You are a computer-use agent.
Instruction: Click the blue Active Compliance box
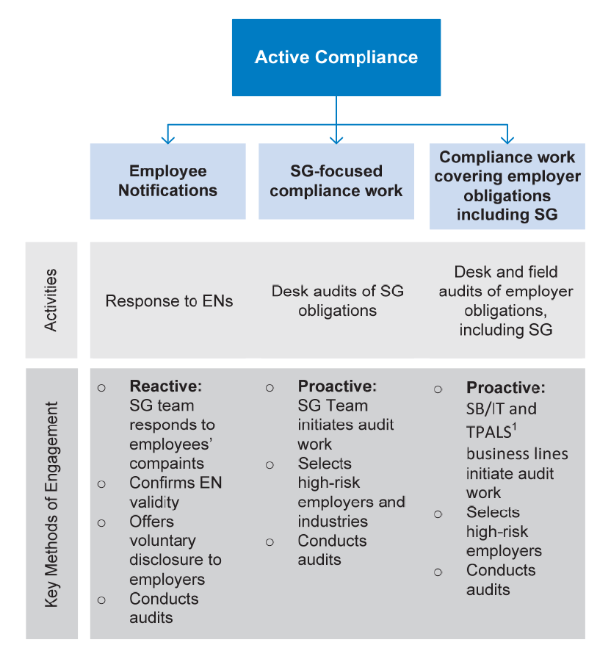tap(336, 57)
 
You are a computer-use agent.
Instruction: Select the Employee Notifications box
tap(167, 181)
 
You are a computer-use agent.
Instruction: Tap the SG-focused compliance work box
tap(336, 181)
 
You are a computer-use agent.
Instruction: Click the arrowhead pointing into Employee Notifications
tap(167, 139)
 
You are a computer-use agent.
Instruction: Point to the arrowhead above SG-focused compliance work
tap(336, 139)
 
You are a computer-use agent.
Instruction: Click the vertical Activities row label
tap(51, 300)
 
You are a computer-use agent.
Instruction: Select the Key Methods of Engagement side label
tap(51, 504)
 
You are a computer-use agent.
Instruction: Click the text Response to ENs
tap(169, 301)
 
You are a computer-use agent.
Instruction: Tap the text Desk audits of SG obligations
tap(337, 300)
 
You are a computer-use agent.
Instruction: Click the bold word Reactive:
tap(165, 386)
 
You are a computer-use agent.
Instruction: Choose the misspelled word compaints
tap(167, 464)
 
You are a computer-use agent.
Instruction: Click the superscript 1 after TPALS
tap(514, 428)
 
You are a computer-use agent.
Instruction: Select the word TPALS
tap(488, 432)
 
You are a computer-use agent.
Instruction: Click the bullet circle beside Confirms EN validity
tap(101, 484)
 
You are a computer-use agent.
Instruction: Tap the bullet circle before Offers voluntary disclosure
tap(101, 523)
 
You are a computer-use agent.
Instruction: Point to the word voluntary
tap(162, 541)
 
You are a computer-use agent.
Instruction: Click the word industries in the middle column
tap(333, 522)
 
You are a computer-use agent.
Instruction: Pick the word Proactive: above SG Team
tap(337, 386)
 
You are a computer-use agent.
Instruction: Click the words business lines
tap(517, 454)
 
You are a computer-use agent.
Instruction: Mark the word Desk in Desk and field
tap(473, 272)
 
